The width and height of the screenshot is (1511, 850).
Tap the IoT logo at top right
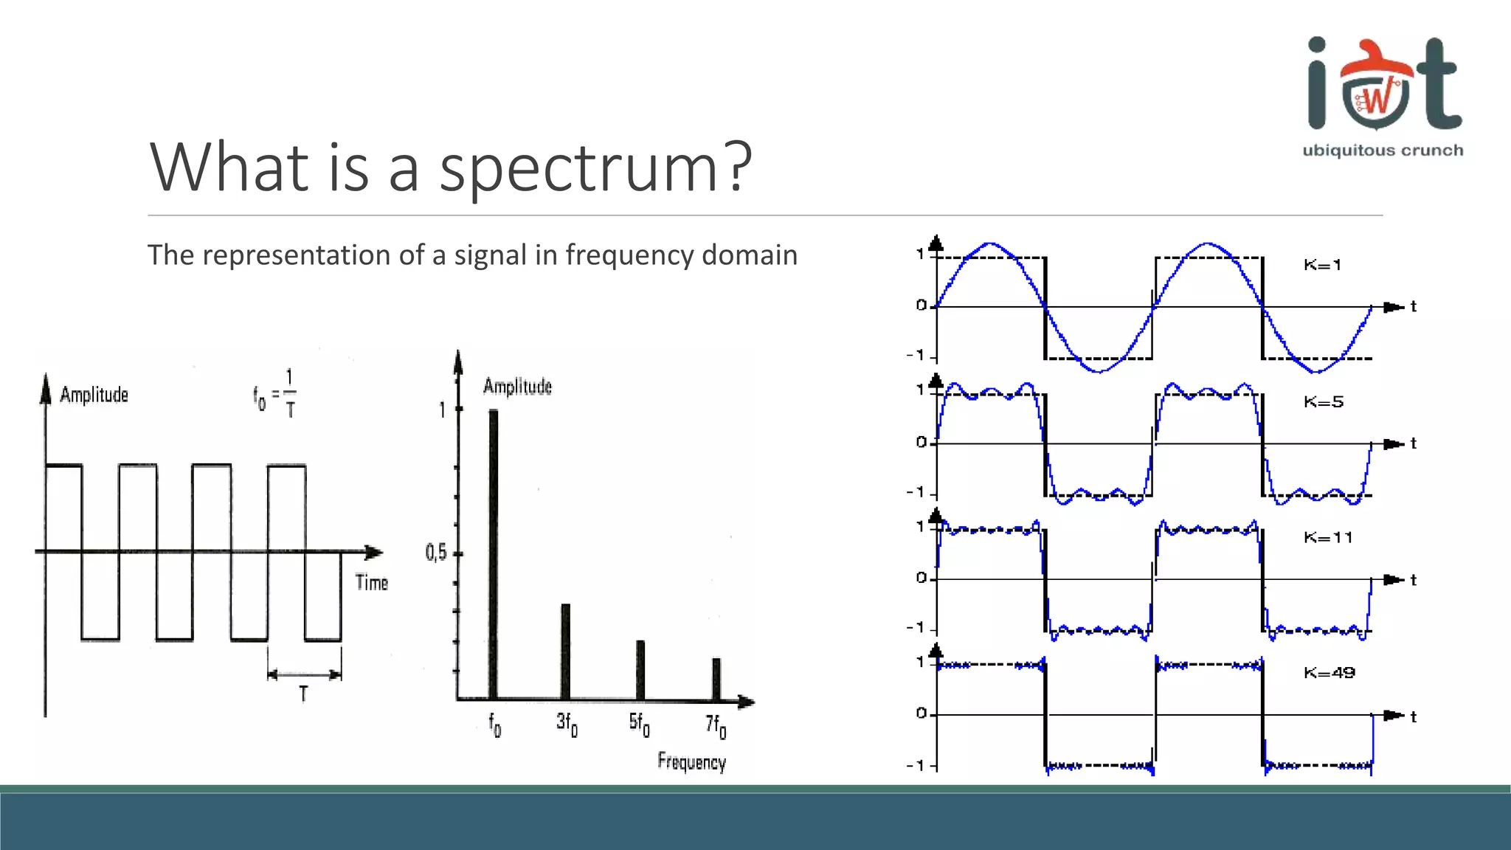coord(1384,85)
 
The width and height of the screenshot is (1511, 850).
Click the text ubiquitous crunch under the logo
coord(1383,151)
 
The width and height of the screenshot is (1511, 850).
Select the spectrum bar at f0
coord(494,553)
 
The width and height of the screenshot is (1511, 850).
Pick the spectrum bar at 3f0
coord(566,651)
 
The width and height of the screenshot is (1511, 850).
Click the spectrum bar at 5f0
coord(640,669)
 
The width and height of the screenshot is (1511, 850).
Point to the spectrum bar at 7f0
coord(716,678)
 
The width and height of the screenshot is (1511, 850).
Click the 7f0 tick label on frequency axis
coord(716,725)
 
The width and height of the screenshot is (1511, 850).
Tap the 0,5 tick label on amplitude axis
coord(436,553)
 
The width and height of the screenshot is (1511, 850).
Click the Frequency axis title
coord(691,761)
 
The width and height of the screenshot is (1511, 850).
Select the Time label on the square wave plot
coord(371,583)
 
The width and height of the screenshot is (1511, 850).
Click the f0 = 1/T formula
coord(275,394)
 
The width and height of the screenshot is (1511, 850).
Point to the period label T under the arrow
coord(303,694)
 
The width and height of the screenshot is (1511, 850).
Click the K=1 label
coord(1322,265)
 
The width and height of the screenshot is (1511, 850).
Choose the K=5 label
coord(1324,402)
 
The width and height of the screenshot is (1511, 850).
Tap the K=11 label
coord(1328,538)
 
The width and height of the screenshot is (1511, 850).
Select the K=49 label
coord(1330,673)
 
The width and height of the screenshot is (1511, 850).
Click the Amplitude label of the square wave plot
coord(94,395)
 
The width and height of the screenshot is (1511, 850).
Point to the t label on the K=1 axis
coord(1414,306)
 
